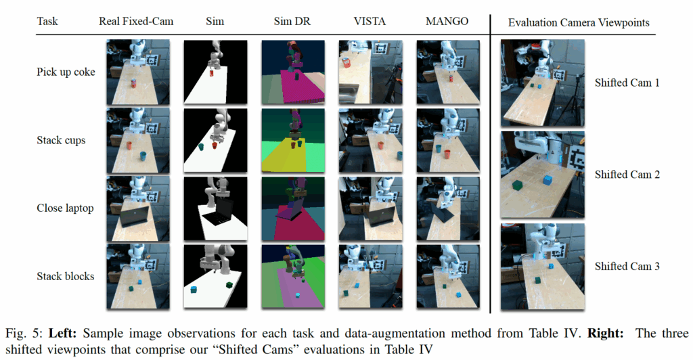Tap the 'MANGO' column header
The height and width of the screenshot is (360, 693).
click(447, 22)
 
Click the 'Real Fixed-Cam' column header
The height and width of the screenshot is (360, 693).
click(136, 22)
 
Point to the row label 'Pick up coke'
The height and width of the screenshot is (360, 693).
click(65, 72)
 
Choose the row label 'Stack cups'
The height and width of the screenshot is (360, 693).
click(60, 141)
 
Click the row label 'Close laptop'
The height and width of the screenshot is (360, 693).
click(65, 208)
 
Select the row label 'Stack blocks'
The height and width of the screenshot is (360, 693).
click(65, 276)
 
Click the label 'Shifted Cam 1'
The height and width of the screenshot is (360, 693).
click(627, 83)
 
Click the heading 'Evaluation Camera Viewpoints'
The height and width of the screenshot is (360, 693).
click(579, 23)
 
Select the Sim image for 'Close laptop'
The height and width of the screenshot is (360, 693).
click(215, 208)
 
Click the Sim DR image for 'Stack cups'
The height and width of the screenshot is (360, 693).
click(292, 141)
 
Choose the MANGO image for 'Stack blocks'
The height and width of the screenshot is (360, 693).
click(447, 276)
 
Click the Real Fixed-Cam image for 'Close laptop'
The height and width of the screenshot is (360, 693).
click(136, 208)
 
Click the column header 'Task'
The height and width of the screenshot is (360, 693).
click(47, 22)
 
